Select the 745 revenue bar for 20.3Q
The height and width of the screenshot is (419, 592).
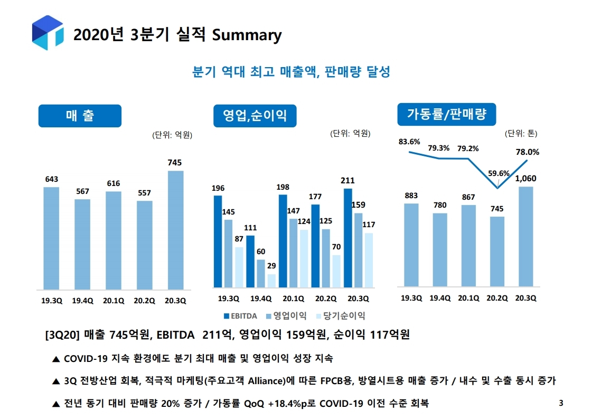[175, 230]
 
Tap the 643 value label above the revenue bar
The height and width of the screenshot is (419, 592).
[51, 180]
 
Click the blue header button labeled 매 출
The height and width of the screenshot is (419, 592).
[80, 116]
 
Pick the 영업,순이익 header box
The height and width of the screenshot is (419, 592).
[255, 116]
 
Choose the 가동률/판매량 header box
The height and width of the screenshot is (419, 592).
[446, 114]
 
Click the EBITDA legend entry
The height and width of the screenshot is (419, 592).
[240, 316]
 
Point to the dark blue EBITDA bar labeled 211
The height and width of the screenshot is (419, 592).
[347, 238]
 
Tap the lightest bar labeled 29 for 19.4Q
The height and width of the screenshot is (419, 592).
[271, 281]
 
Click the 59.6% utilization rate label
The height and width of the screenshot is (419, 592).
[499, 173]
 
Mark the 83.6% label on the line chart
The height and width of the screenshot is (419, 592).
[409, 142]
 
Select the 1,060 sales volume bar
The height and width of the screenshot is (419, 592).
[525, 236]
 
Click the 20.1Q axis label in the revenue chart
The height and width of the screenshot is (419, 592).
[113, 301]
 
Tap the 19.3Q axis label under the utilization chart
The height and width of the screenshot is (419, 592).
[411, 298]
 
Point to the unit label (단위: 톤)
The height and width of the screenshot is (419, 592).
[521, 133]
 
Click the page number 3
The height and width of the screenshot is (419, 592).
[561, 404]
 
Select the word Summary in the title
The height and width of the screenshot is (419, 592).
[247, 35]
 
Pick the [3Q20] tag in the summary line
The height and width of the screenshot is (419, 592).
[63, 336]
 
